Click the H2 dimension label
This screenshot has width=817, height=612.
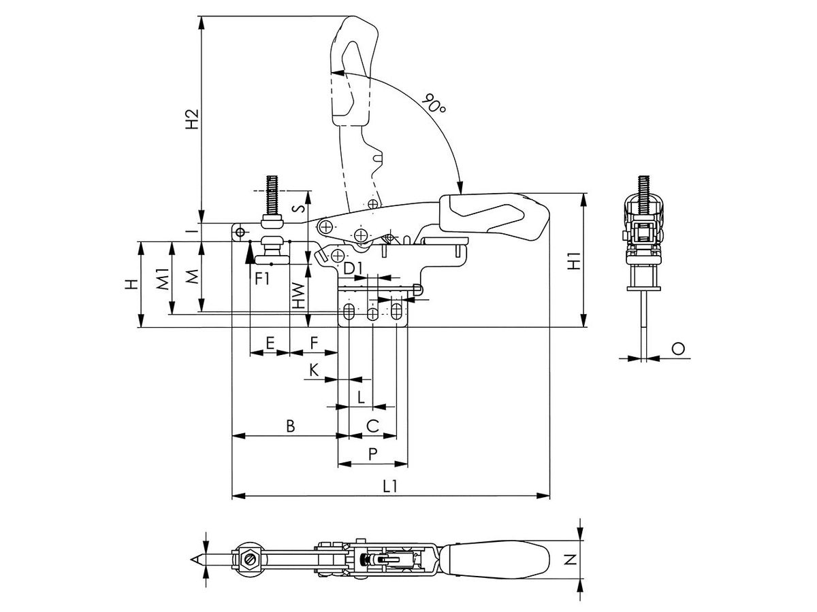[x=193, y=119]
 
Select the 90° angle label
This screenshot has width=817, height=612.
[x=434, y=103]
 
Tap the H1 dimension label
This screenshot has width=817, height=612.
[x=575, y=260]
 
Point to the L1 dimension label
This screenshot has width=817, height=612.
[x=390, y=486]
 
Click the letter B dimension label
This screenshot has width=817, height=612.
[x=291, y=426]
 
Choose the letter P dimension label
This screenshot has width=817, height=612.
[x=372, y=454]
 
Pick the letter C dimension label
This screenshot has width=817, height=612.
[x=372, y=426]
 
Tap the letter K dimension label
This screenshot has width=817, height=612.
[x=314, y=370]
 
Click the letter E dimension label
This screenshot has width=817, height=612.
[x=270, y=342]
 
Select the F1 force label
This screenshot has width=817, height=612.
[x=262, y=278]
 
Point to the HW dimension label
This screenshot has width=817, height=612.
[x=298, y=295]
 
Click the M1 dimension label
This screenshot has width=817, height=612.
[x=162, y=279]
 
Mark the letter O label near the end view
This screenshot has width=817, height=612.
[x=678, y=349]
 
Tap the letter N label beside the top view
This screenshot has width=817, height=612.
[x=570, y=560]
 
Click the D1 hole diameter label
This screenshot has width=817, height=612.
[x=352, y=268]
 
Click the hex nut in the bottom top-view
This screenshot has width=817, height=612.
[x=249, y=559]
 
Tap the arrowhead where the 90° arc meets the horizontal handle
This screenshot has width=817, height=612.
[x=460, y=188]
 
